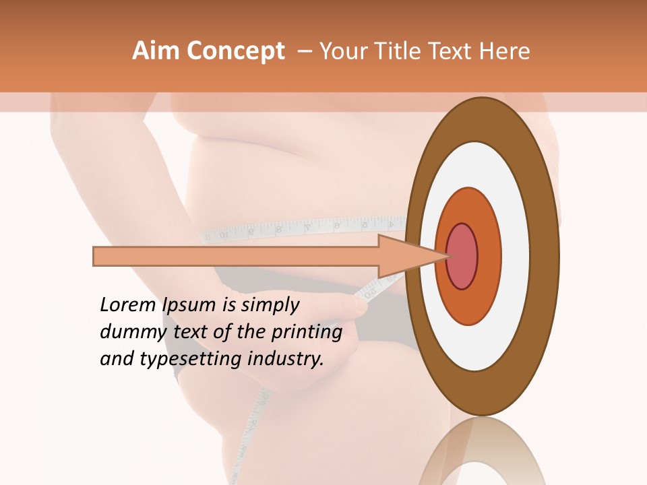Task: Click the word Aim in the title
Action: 155,51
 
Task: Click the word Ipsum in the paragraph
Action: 190,305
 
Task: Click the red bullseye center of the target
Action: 462,257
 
